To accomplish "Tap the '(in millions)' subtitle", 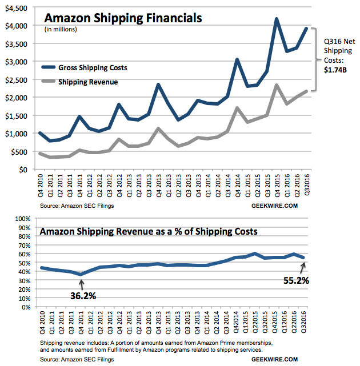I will [60, 29].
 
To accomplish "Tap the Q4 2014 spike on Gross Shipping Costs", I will [238, 59].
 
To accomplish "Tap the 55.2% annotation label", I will [296, 280].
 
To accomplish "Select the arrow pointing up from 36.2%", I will [81, 282].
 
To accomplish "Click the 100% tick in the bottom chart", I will [21, 219].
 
